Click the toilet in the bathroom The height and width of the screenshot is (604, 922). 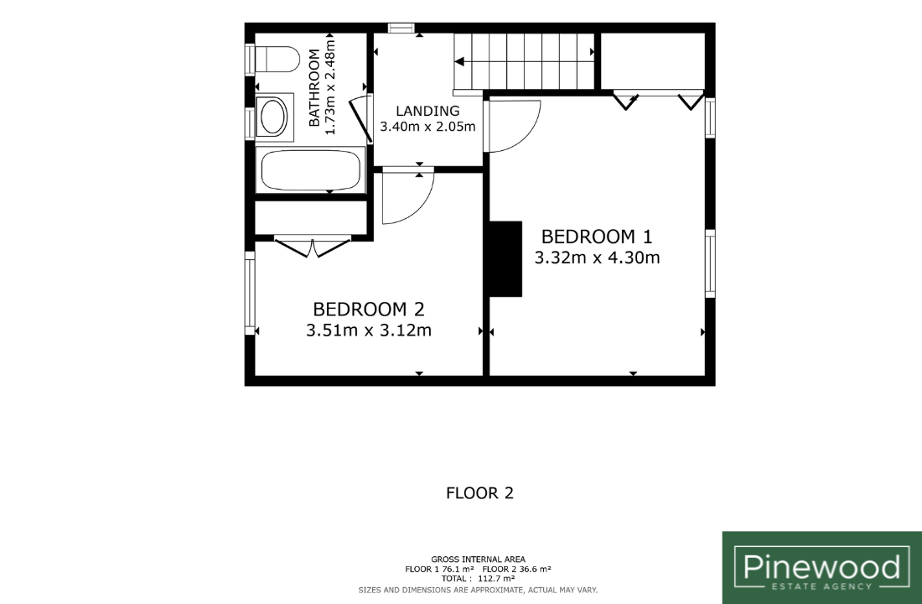pyautogui.click(x=277, y=60)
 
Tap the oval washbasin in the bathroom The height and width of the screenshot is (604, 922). pyautogui.click(x=273, y=117)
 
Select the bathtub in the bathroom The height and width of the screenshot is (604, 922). pyautogui.click(x=310, y=170)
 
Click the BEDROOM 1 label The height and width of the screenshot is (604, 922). pyautogui.click(x=597, y=237)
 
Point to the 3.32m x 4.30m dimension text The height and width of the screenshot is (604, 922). pyautogui.click(x=597, y=258)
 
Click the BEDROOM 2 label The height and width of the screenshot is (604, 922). pyautogui.click(x=369, y=309)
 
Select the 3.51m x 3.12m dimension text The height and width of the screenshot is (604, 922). pyautogui.click(x=369, y=331)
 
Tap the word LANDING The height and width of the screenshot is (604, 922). pyautogui.click(x=427, y=111)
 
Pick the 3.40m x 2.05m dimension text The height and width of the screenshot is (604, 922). pyautogui.click(x=427, y=127)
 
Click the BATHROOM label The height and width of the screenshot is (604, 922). pyautogui.click(x=314, y=88)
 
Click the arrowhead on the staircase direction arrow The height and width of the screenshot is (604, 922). pyautogui.click(x=459, y=61)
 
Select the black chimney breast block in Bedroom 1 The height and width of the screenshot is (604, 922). pyautogui.click(x=505, y=259)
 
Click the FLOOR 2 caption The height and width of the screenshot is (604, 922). pyautogui.click(x=479, y=493)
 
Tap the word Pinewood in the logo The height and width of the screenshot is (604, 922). pyautogui.click(x=822, y=567)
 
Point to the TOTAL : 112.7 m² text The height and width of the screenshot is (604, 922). pyautogui.click(x=478, y=579)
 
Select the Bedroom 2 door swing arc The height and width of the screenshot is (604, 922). pyautogui.click(x=418, y=208)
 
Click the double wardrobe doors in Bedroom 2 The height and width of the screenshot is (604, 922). pyautogui.click(x=313, y=247)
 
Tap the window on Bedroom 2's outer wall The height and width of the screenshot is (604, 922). pyautogui.click(x=250, y=293)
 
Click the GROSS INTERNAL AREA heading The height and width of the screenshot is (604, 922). pyautogui.click(x=478, y=560)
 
